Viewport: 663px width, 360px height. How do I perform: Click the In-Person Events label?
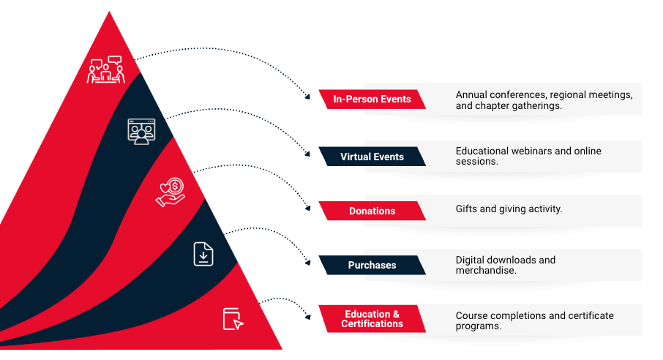pos(372,99)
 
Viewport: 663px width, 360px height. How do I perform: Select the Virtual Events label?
pos(372,157)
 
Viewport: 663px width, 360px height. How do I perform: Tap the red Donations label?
pos(372,211)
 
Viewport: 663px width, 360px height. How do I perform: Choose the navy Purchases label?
pos(372,265)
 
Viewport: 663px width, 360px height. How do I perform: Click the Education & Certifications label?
pos(372,318)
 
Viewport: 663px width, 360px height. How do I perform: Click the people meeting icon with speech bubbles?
pos(105,70)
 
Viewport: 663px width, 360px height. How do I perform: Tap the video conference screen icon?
pos(142,132)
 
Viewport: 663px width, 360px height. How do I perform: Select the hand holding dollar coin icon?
pos(171,192)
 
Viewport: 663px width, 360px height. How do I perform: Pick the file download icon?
pos(203,254)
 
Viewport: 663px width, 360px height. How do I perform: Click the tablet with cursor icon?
pos(233,319)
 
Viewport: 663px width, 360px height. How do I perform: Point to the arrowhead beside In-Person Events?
pos(308,97)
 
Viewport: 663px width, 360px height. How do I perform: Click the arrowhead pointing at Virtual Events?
pos(308,154)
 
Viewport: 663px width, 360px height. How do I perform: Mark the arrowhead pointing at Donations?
pos(308,208)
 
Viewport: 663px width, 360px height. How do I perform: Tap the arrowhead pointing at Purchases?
pos(308,263)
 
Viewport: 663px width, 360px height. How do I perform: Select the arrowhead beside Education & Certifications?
pos(308,317)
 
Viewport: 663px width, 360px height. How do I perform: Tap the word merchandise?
pos(486,270)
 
